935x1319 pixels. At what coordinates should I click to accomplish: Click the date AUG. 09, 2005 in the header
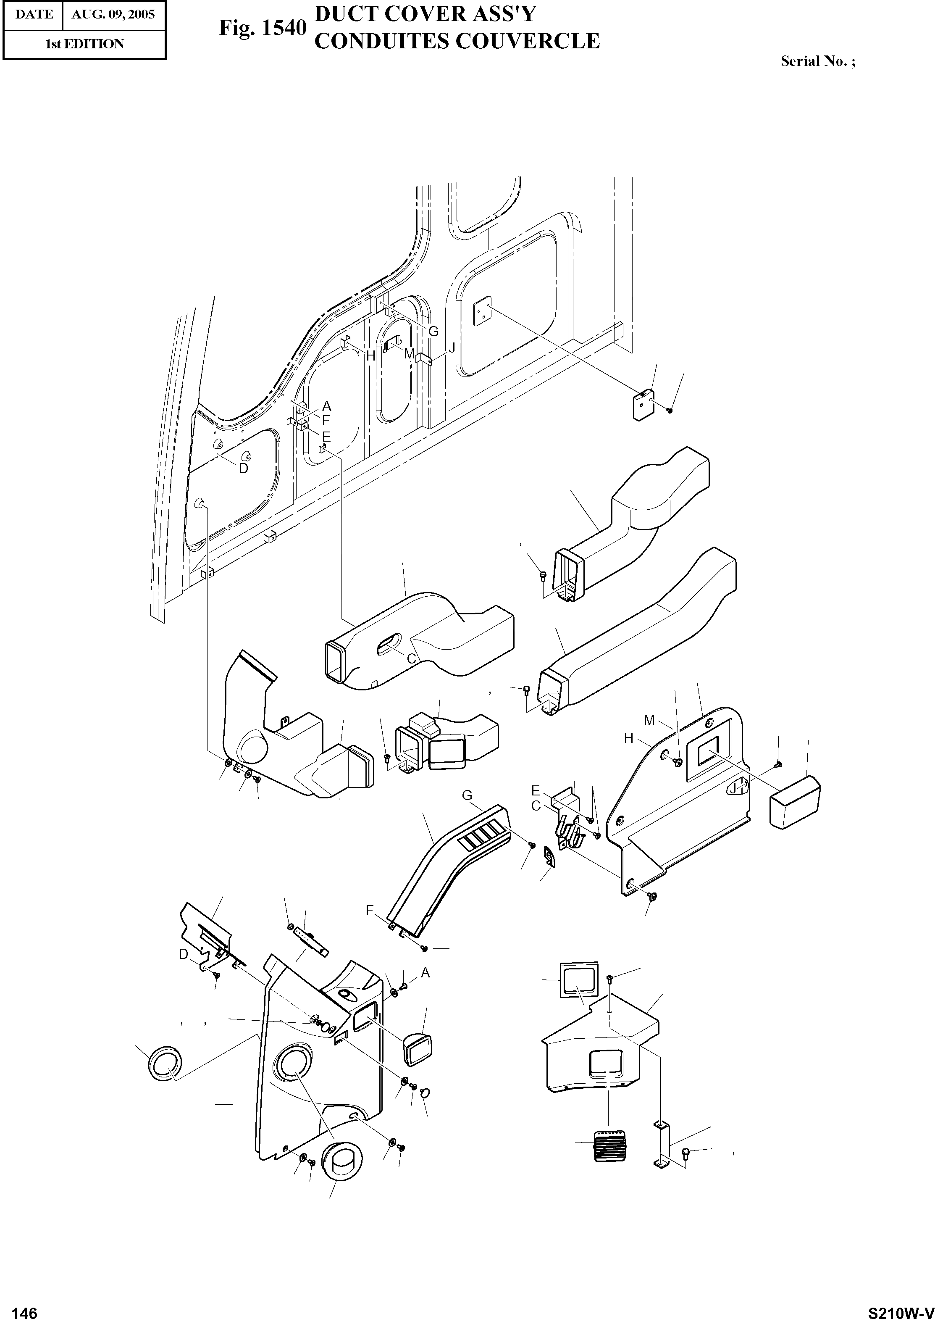coord(113,14)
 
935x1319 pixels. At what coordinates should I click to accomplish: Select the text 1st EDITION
coord(84,44)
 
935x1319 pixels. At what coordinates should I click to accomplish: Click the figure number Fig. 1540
coord(261,27)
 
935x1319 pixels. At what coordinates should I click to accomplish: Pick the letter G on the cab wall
coord(433,331)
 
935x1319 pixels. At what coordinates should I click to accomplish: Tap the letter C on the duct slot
coord(412,659)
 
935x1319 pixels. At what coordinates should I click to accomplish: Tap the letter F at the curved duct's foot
coord(370,911)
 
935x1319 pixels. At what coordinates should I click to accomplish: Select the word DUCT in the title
coord(347,14)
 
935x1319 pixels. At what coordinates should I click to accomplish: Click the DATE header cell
coord(34,14)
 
